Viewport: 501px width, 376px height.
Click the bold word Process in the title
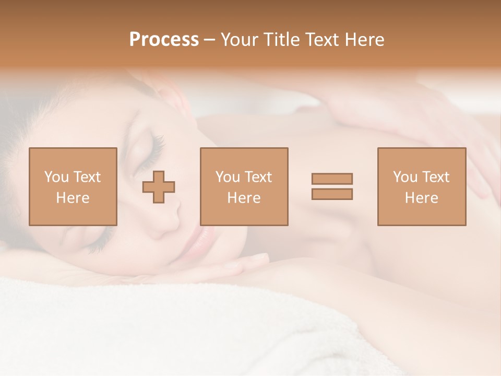point(164,40)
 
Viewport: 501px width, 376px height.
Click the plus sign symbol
point(159,187)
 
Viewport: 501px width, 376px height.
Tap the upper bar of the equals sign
point(332,179)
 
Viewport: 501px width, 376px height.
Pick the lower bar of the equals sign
point(332,194)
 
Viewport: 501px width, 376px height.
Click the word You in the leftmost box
point(56,177)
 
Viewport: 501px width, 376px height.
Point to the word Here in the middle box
point(244,198)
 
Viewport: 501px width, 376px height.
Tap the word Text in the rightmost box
point(436,177)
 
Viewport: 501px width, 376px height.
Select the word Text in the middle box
point(258,177)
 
